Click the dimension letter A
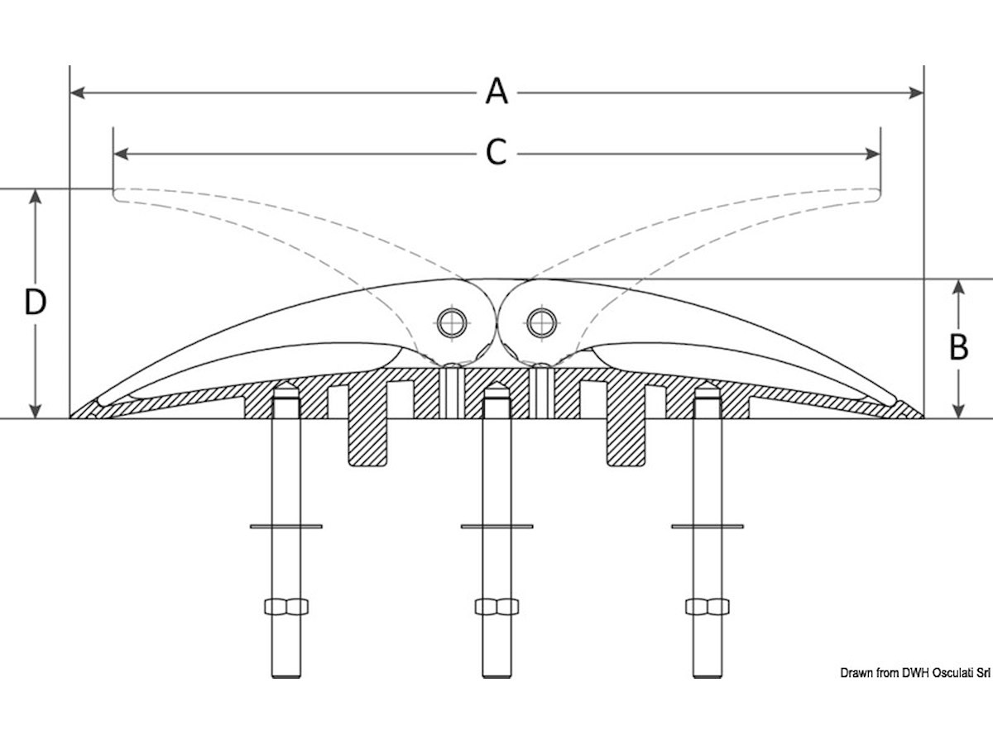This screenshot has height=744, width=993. [496, 91]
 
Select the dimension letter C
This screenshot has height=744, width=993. [496, 152]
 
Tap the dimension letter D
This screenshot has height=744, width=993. [36, 303]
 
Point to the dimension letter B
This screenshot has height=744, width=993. [958, 347]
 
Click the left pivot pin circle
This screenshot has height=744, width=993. [453, 323]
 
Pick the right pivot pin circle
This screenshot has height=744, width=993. [541, 323]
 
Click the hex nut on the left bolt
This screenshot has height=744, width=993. [286, 606]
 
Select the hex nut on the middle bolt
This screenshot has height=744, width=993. [496, 606]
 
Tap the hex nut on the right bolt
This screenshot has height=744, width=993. [708, 606]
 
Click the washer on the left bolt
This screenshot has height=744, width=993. [286, 527]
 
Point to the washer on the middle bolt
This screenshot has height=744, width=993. [496, 527]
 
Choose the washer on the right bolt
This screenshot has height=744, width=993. [708, 527]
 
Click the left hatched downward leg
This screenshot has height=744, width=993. [367, 441]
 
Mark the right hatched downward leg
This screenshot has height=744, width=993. [626, 441]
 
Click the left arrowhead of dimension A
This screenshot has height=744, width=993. [77, 93]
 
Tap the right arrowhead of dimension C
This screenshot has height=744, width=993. [873, 154]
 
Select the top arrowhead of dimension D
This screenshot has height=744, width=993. [36, 197]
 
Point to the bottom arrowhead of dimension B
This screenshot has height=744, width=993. [957, 411]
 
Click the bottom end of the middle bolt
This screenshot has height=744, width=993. [496, 677]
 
